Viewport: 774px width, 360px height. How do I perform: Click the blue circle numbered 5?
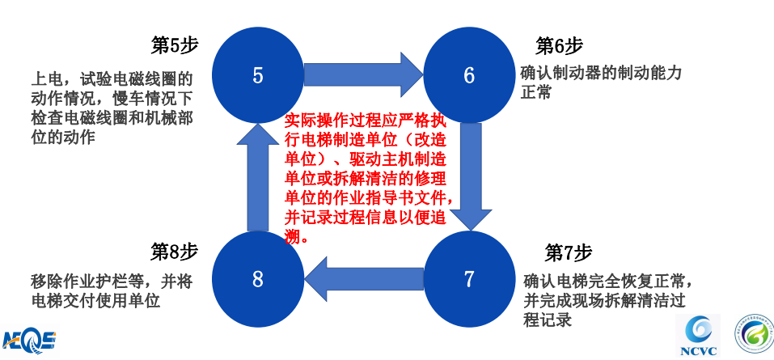[x=257, y=75]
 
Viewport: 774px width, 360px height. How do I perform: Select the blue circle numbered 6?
[x=469, y=75]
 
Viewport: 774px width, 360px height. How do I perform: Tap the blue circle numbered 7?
[x=469, y=279]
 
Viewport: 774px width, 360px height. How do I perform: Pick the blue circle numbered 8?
[x=257, y=279]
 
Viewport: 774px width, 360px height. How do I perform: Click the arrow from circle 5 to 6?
[x=362, y=75]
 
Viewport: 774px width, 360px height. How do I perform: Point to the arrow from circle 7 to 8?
[x=362, y=279]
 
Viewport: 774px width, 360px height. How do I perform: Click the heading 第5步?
[x=175, y=45]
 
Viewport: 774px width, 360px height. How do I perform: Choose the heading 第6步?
[x=559, y=45]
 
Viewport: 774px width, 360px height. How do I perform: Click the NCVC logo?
[x=697, y=336]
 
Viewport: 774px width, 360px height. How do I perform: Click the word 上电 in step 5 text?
[x=45, y=79]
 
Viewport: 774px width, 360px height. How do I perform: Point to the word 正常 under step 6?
[x=536, y=93]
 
